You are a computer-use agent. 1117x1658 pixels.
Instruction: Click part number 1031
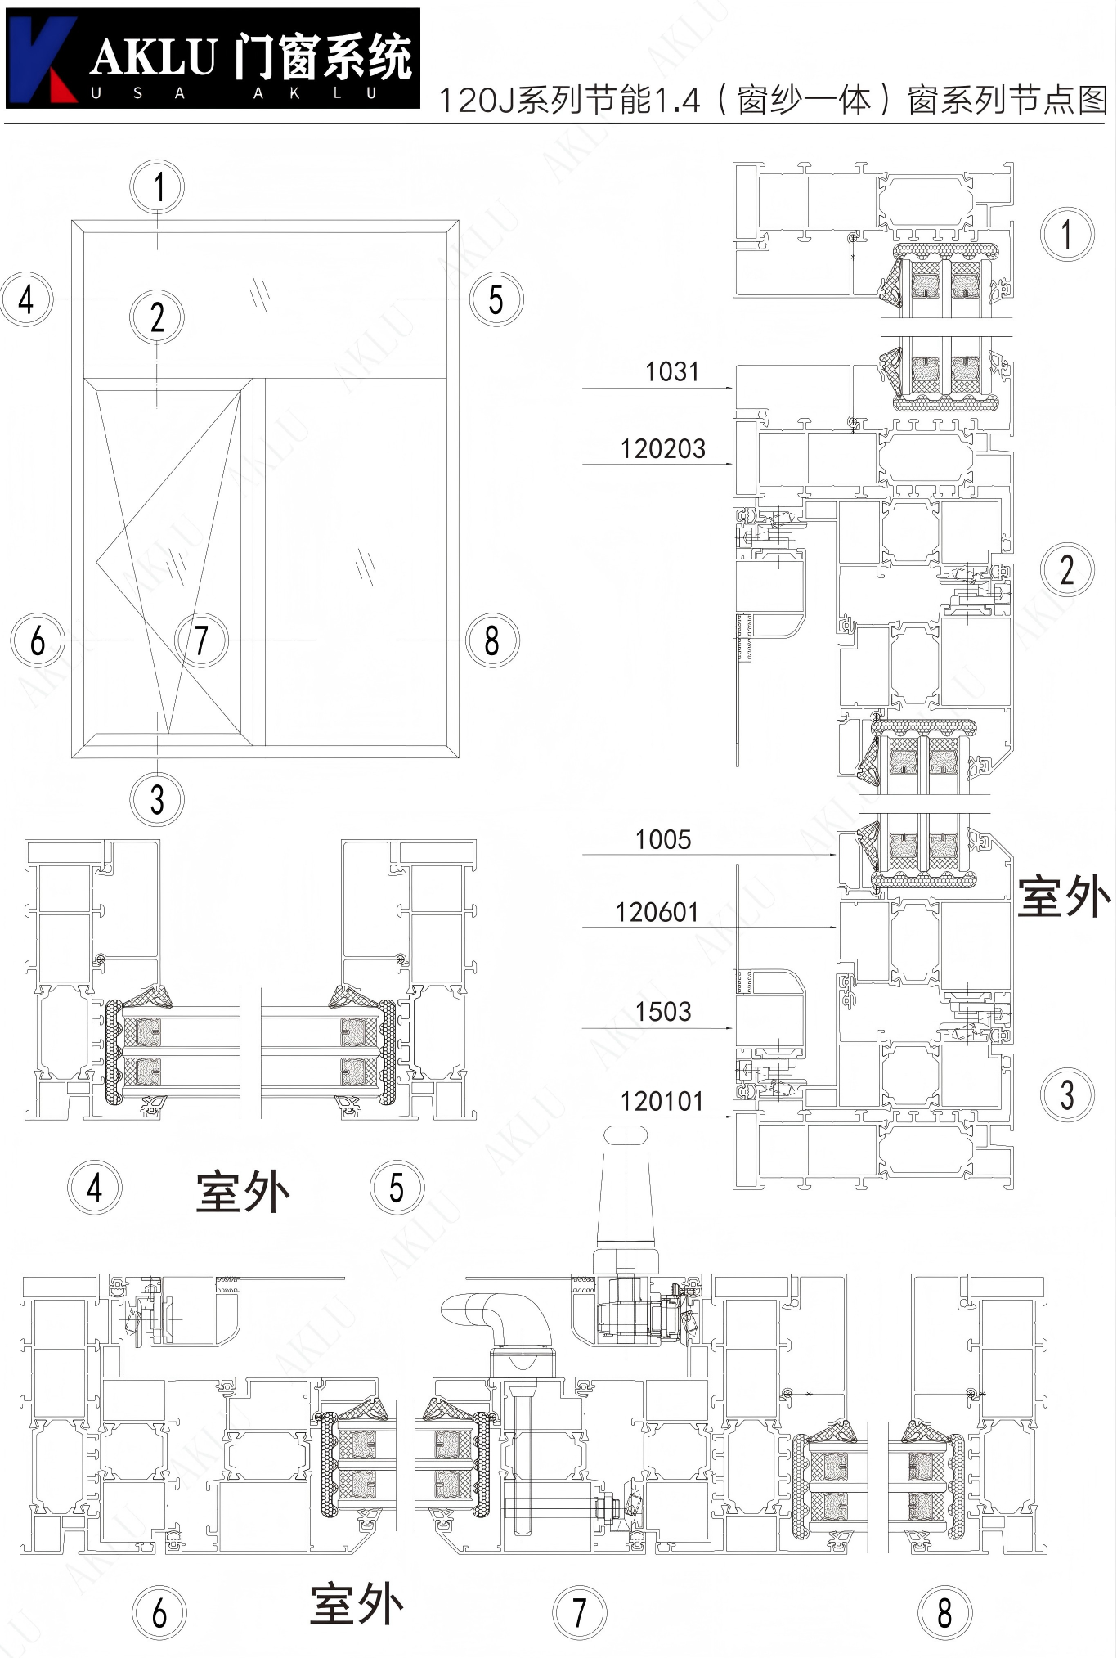672,371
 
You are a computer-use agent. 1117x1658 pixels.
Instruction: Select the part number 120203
662,448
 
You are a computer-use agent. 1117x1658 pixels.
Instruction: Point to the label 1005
663,839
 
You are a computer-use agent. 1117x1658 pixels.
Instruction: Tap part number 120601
657,912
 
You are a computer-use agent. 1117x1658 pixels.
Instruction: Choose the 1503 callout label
663,1012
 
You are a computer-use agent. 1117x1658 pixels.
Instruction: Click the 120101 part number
662,1101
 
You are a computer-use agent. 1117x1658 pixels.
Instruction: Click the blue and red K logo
43,59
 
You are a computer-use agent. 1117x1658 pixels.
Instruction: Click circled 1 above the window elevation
157,186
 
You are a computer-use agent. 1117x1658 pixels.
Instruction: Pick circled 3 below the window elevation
157,799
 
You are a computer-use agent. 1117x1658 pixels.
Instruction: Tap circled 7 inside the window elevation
201,640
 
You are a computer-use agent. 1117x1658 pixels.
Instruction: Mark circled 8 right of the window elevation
492,640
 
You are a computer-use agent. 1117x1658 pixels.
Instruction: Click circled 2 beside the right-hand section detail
1067,569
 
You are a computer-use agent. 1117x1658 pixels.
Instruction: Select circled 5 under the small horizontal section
397,1188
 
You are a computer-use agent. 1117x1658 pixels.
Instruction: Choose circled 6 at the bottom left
159,1613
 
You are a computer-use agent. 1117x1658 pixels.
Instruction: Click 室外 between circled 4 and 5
243,1191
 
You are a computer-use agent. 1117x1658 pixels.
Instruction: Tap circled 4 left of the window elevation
27,299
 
